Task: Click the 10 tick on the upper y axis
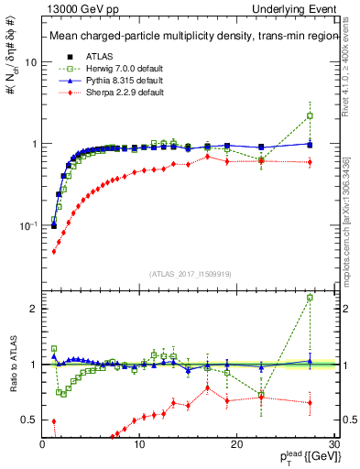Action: (x=30, y=62)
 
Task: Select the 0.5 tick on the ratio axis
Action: (x=28, y=420)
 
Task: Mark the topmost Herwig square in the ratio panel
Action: (x=310, y=297)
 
